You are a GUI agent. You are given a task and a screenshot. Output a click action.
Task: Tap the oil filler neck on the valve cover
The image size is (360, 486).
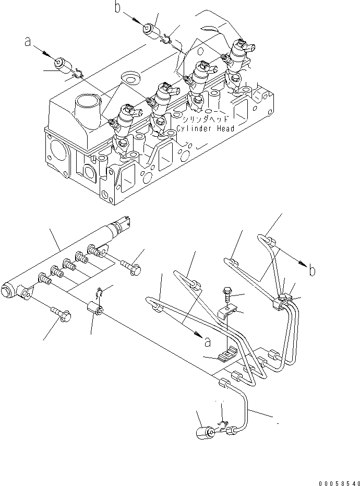88,108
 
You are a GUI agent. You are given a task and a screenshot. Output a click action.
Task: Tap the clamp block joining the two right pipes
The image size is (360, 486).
280,301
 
